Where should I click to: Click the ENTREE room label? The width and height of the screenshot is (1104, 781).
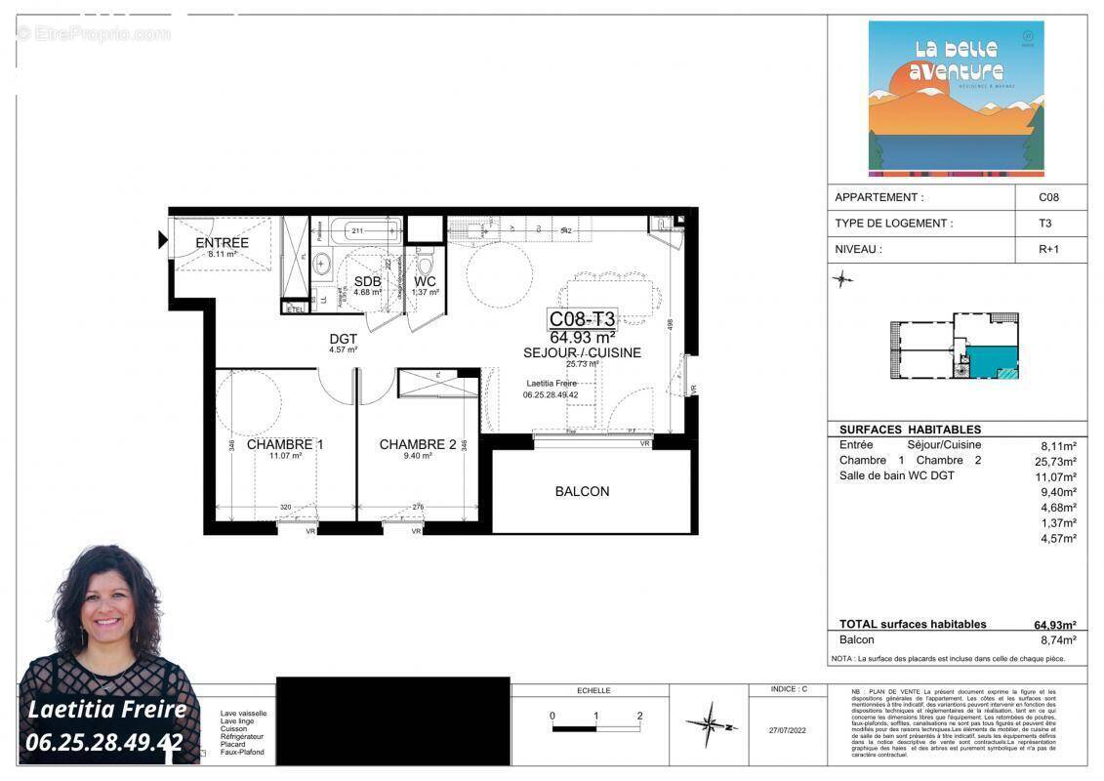222,243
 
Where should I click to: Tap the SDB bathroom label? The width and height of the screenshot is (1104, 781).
367,281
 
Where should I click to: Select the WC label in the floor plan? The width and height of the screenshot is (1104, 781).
426,281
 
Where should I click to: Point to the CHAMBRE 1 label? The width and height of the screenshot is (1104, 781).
285,444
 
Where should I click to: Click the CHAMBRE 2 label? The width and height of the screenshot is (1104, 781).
418,444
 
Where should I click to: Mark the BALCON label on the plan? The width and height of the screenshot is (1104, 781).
582,491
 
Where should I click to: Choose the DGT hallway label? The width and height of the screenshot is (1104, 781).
343,339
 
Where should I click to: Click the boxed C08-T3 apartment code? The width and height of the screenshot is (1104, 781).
582,318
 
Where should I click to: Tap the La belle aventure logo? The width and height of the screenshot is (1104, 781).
942,98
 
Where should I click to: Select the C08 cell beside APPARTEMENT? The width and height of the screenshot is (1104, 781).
1048,197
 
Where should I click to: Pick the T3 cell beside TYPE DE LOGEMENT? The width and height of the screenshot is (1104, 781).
1045,223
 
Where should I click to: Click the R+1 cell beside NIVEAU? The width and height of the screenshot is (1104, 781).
1048,249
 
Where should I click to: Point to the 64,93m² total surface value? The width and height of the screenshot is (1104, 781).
1054,625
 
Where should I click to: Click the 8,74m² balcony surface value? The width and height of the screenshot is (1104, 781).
1057,640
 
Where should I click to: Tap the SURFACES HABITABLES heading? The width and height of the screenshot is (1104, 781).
910,430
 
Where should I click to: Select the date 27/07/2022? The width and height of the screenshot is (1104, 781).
788,729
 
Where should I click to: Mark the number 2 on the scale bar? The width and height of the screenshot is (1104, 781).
639,716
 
